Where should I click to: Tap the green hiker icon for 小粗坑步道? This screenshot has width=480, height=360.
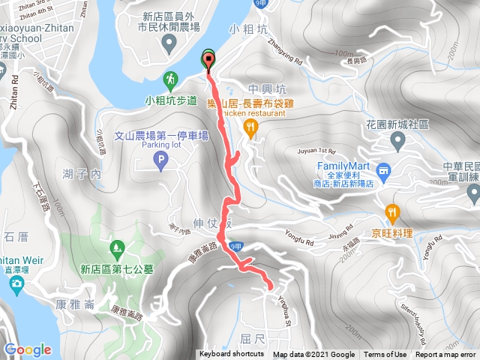(x=172, y=79)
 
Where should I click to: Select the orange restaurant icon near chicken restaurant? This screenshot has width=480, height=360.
(x=250, y=129)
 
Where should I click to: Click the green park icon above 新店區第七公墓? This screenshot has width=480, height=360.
(x=116, y=247)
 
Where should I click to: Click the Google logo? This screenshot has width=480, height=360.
(x=28, y=349)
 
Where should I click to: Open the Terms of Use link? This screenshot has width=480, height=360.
(x=385, y=355)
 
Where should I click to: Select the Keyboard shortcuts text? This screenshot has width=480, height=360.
(x=231, y=355)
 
